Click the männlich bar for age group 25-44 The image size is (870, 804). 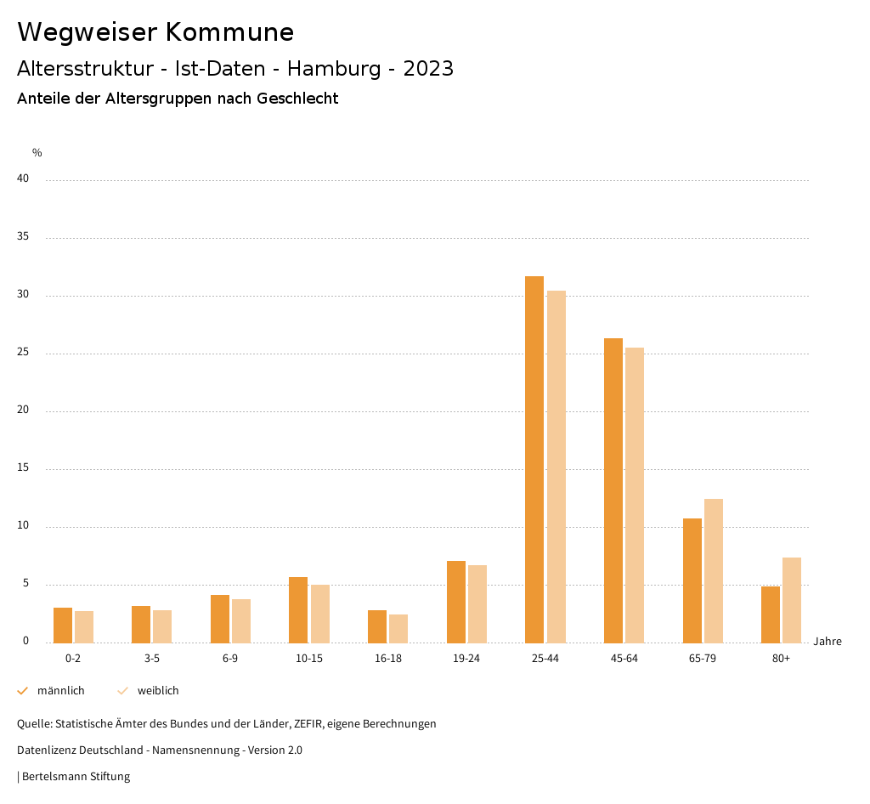tap(534, 459)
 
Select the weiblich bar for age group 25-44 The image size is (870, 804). tap(556, 467)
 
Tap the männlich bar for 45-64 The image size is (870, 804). tap(613, 490)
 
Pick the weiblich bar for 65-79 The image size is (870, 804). tap(714, 570)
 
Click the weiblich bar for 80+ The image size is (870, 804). tap(792, 600)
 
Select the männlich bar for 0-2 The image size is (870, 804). tap(63, 626)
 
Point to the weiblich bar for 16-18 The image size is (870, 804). tap(398, 629)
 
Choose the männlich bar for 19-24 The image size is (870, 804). tap(456, 602)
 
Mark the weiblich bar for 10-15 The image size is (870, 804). tap(320, 614)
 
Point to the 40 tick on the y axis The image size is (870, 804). tap(23, 179)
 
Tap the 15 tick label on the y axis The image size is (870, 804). tap(23, 468)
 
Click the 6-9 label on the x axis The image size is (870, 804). tap(230, 659)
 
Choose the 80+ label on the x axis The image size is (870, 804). tap(782, 659)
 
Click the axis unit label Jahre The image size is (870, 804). tap(828, 642)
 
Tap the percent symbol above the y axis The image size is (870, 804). tap(37, 153)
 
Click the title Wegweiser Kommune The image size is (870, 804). tap(155, 32)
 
